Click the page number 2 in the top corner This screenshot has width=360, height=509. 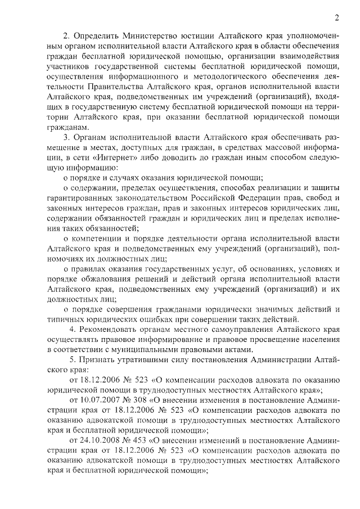(x=336, y=16)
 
